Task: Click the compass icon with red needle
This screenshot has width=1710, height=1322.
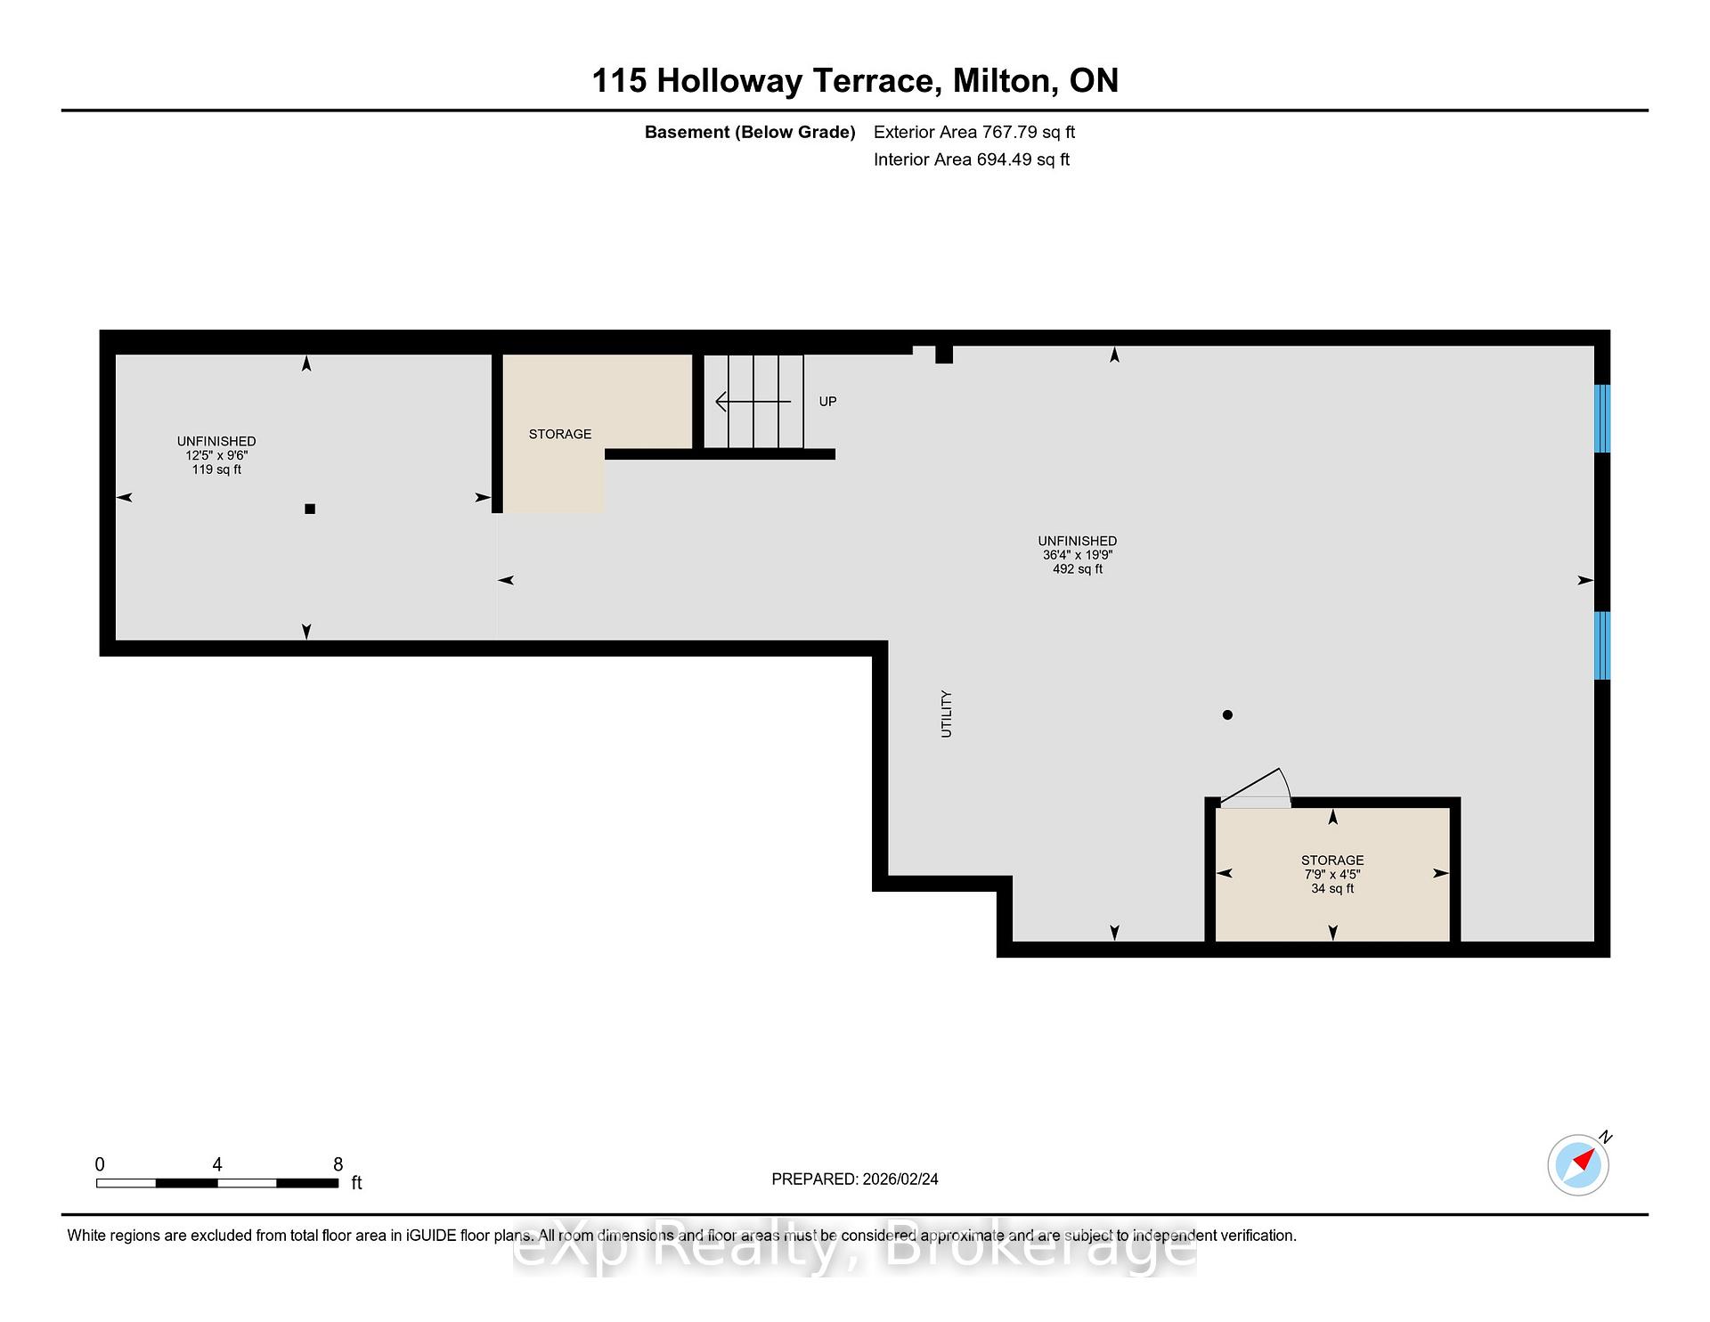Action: click(1578, 1164)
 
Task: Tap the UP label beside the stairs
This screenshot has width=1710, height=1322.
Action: click(827, 402)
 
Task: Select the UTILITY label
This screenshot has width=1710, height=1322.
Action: click(946, 714)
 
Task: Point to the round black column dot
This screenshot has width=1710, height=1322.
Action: click(1227, 714)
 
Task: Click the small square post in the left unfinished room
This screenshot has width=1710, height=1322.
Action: click(310, 509)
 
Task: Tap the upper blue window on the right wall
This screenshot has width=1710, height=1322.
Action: click(1601, 419)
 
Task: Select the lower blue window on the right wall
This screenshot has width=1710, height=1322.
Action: click(1601, 645)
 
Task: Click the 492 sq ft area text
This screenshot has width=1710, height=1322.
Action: click(1078, 569)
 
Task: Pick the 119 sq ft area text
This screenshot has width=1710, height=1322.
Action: click(216, 469)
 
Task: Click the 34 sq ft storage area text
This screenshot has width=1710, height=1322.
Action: click(1332, 888)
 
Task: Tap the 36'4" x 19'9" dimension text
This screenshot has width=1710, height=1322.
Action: click(1078, 555)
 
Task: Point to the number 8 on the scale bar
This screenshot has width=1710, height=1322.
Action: click(338, 1164)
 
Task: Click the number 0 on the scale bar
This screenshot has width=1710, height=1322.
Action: click(100, 1164)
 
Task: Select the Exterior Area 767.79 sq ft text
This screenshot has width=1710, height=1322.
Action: click(974, 132)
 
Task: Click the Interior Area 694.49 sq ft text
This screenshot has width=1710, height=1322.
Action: click(972, 159)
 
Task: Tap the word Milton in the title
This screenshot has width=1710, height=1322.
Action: click(1001, 81)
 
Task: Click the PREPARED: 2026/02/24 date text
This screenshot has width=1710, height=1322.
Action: click(855, 1179)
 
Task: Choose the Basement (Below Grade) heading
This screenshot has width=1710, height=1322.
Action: click(750, 133)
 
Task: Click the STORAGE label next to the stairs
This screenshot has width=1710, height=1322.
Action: click(560, 434)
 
